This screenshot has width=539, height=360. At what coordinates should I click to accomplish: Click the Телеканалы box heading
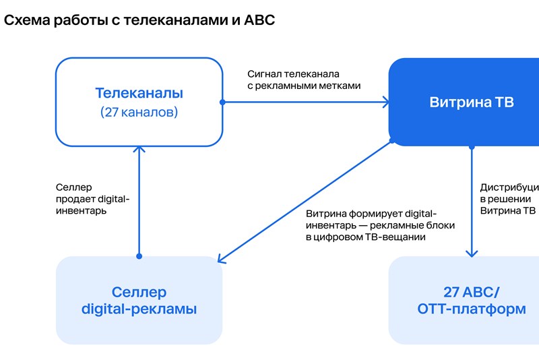coord(139,93)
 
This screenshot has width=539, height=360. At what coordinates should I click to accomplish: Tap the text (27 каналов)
coord(139,112)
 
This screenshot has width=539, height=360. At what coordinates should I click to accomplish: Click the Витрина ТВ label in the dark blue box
coord(472,102)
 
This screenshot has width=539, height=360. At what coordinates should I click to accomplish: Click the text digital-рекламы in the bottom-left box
coord(139,310)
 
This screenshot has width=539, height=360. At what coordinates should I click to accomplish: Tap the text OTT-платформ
coord(472,310)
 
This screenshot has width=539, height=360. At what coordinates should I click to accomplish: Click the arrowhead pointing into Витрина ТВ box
coord(385,102)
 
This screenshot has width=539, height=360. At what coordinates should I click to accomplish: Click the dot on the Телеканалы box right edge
coord(222,102)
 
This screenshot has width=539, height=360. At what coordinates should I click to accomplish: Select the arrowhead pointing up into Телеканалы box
coord(139,150)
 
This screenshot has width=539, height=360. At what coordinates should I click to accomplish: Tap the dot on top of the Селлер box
coord(139,256)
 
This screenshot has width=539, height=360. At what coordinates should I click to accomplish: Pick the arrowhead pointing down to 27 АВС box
coord(472,253)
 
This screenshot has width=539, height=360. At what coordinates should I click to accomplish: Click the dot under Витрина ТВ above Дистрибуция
coord(472,146)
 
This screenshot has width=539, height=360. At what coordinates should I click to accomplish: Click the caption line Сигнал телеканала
coord(292,73)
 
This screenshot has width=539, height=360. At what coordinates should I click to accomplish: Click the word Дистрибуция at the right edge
coord(509,187)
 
